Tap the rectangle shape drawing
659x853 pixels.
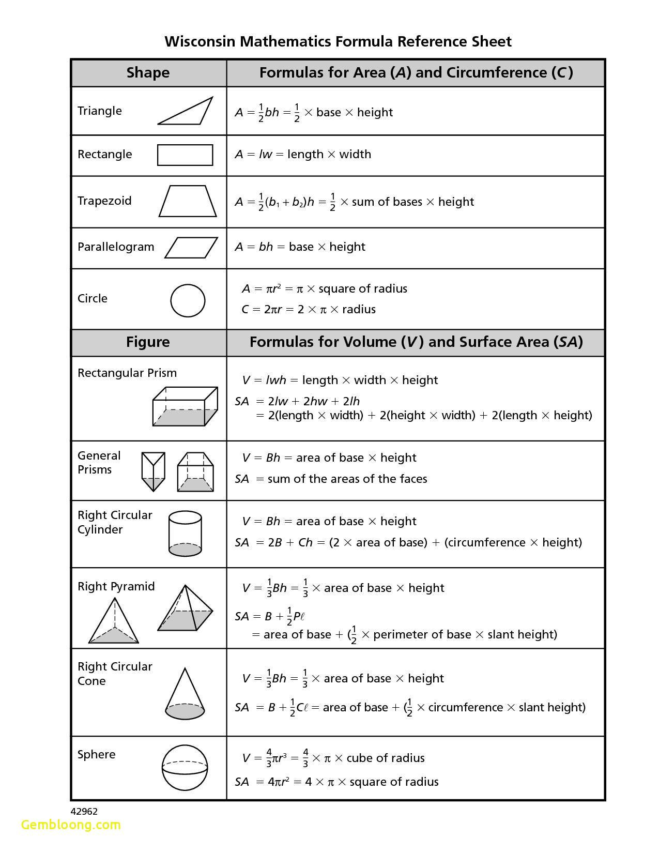click(x=185, y=155)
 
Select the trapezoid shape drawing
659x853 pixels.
click(x=187, y=201)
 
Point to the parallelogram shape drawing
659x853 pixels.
click(x=191, y=248)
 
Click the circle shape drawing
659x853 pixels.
click(x=188, y=300)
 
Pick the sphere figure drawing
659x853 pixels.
click(x=185, y=768)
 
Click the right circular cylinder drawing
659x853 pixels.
click(x=185, y=534)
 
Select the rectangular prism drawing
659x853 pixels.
click(x=185, y=406)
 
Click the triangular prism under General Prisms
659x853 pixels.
click(x=153, y=471)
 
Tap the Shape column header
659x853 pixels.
click(x=148, y=72)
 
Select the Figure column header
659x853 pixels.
click(x=148, y=342)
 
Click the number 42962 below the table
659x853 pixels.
click(x=84, y=812)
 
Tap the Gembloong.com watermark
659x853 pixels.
click(x=71, y=825)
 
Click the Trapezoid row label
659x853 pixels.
click(x=104, y=201)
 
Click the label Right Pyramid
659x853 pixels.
click(x=116, y=586)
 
